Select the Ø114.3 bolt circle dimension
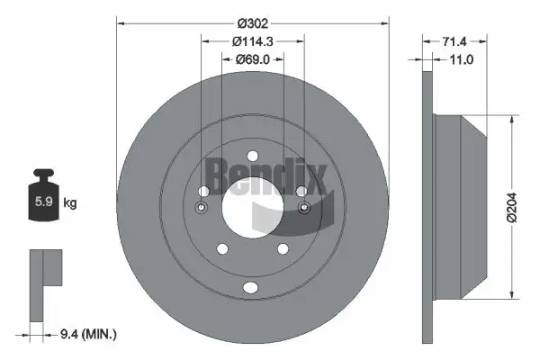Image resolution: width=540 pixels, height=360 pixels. (x=252, y=41)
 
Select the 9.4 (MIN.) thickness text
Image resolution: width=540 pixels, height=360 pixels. (x=87, y=334)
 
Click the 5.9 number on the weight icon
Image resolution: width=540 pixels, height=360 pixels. (x=41, y=203)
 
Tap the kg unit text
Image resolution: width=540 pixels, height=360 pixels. (x=69, y=203)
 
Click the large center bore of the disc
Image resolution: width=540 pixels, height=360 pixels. (x=252, y=205)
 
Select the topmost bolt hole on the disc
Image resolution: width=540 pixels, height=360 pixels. (x=252, y=154)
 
